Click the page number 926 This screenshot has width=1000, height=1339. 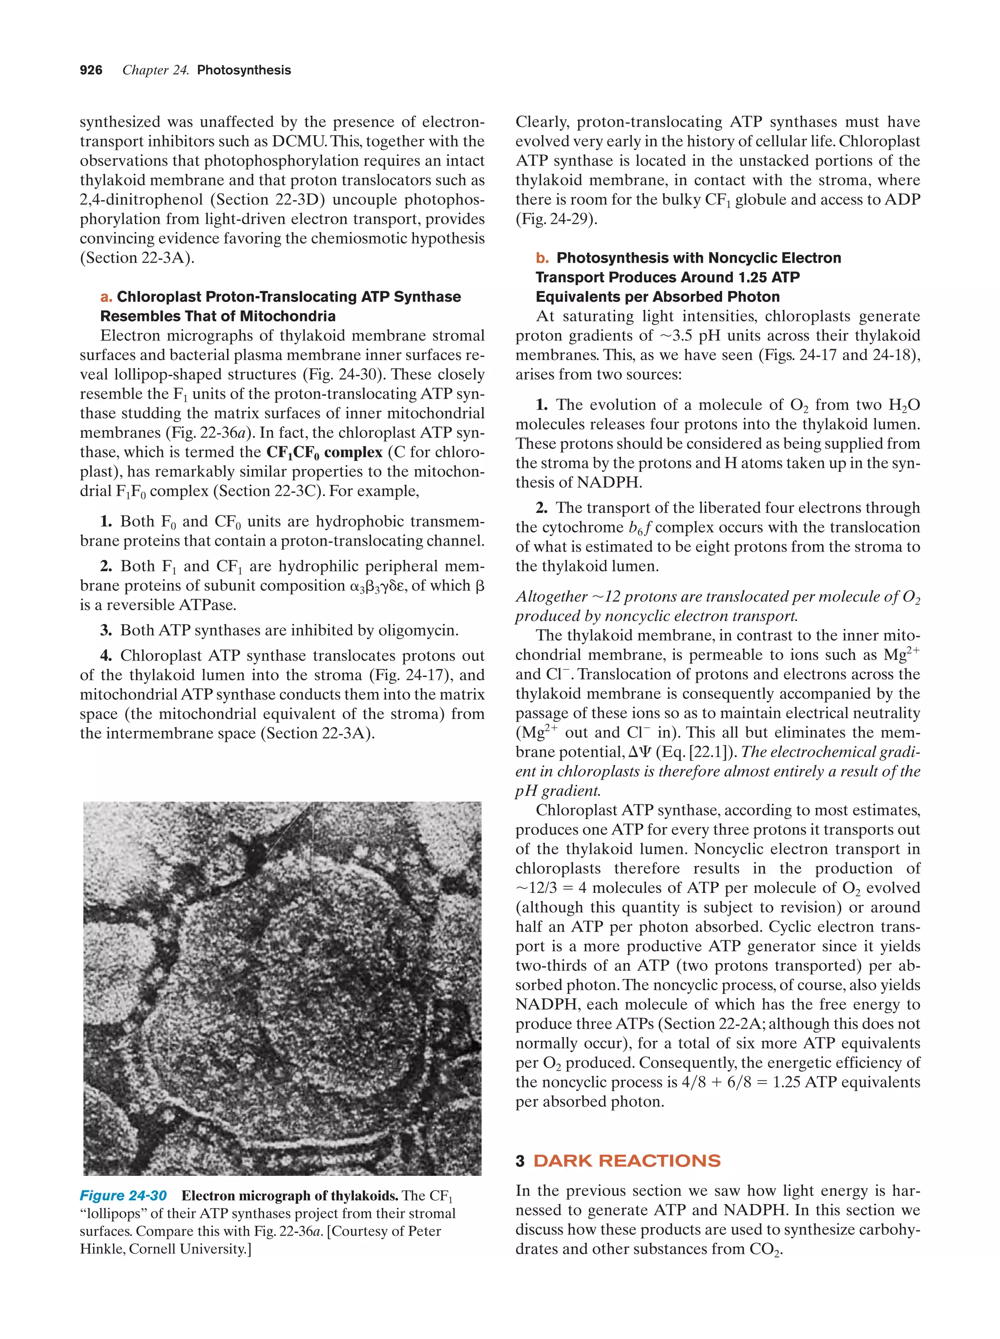[x=91, y=70]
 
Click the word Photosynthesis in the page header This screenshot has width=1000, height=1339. [x=244, y=70]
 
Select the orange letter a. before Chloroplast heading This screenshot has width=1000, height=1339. [x=106, y=297]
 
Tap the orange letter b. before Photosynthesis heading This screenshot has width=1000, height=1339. [x=542, y=258]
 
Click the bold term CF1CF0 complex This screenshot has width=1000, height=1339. [x=324, y=453]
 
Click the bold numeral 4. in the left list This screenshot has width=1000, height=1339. [x=106, y=656]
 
